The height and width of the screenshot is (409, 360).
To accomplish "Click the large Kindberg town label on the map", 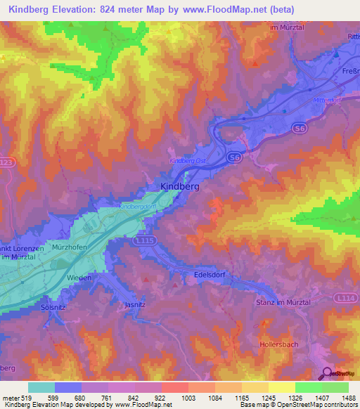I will pyautogui.click(x=176, y=188).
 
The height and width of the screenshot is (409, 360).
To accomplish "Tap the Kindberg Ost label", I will pyautogui.click(x=187, y=161).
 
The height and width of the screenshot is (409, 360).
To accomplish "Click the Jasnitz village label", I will pyautogui.click(x=135, y=305).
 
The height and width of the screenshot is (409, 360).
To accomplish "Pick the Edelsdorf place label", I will pyautogui.click(x=209, y=275).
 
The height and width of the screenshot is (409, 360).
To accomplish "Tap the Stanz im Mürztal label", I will pyautogui.click(x=281, y=301).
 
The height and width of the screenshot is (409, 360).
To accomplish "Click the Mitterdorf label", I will pyautogui.click(x=328, y=100).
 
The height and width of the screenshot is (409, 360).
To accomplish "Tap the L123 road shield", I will pyautogui.click(x=5, y=162).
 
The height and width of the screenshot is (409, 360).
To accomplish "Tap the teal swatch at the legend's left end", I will pyautogui.click(x=41, y=387).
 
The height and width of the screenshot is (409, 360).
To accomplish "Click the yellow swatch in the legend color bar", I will pyautogui.click(x=281, y=387).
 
